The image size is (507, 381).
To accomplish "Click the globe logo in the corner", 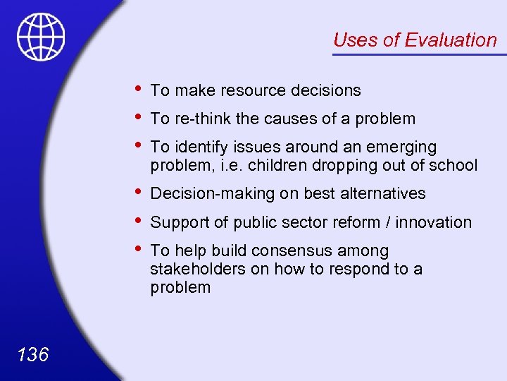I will tap(41, 36).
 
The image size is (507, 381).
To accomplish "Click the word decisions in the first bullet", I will tap(325, 90).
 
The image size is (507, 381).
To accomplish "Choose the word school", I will tap(454, 165).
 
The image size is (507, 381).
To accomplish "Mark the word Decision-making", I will tap(208, 193).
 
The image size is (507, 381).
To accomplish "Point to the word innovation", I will tap(434, 222).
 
